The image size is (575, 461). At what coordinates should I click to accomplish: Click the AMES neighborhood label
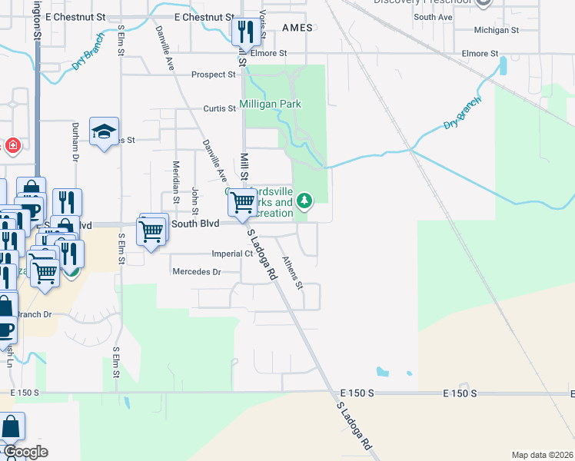click(x=297, y=28)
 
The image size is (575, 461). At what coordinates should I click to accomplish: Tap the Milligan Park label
click(x=270, y=104)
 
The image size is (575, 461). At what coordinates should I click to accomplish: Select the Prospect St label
click(x=214, y=75)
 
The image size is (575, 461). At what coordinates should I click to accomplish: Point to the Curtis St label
click(x=219, y=109)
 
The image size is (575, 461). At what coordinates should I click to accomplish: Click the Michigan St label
click(x=497, y=30)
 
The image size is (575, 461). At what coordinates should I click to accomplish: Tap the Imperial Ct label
click(x=233, y=254)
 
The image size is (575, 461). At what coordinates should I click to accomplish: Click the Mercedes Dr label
click(x=196, y=272)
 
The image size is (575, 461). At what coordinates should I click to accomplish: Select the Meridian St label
click(x=176, y=187)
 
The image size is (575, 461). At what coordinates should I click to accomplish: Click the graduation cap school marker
click(x=104, y=131)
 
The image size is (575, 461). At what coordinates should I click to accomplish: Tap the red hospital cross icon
click(x=12, y=144)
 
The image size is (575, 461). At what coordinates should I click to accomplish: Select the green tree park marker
click(x=305, y=202)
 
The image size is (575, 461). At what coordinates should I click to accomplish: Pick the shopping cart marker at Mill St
click(x=243, y=203)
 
